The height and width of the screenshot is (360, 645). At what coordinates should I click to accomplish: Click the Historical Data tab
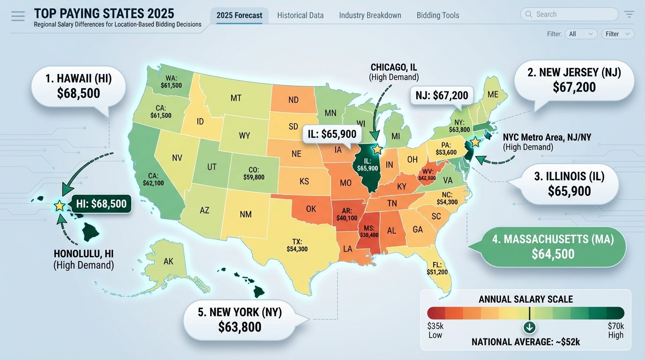coord(300,15)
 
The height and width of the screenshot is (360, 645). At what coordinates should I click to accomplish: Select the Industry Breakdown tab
coord(370,15)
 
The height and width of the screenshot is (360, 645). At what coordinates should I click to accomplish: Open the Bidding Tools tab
coord(437,15)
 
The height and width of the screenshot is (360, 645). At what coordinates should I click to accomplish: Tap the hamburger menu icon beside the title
coord(18,16)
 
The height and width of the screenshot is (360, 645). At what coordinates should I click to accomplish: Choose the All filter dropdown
coord(581,34)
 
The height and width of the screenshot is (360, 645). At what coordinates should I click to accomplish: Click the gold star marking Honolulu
coord(60,205)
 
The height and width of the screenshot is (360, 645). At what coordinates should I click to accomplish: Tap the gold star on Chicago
coord(377,150)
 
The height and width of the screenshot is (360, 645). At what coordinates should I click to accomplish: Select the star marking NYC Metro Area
coord(475,142)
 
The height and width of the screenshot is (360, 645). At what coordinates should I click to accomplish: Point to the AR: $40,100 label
coord(347,214)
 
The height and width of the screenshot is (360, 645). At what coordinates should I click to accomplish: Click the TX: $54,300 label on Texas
coord(297,245)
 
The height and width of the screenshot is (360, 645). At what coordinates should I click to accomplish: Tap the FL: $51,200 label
coord(437,268)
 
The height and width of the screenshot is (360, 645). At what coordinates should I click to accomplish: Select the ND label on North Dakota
coord(293,100)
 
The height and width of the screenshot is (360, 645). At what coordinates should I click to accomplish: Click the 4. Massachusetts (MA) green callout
coord(553,247)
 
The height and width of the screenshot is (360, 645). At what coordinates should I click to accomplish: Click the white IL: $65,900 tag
coord(333,134)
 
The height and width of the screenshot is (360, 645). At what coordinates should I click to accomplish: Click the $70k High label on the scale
coord(615,330)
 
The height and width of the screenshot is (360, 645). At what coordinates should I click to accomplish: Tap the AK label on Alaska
coord(168,262)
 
